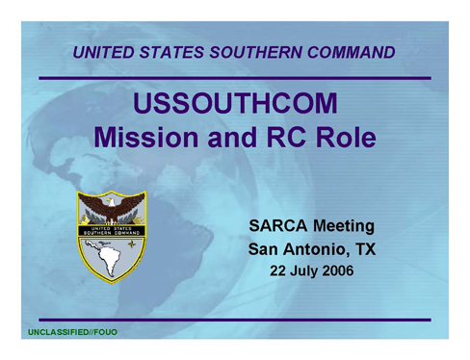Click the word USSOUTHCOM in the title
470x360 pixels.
235,105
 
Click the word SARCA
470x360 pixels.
275,227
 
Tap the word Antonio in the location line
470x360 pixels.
315,249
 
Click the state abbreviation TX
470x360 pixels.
363,249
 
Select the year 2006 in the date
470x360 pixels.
336,270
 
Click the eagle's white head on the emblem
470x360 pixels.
112,201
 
